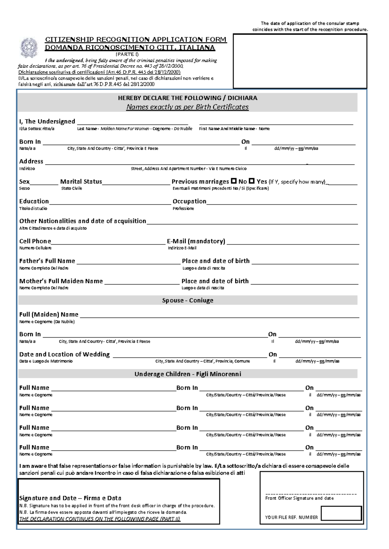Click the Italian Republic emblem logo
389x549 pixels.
29,48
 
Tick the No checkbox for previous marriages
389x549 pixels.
234,181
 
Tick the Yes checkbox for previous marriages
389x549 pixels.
252,181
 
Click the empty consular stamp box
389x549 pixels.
300,61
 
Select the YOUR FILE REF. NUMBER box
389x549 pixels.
341,513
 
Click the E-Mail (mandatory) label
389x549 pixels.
196,241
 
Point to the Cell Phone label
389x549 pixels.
35,241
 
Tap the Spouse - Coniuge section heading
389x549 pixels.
188,300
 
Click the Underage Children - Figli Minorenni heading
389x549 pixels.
188,374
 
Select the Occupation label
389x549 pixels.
189,201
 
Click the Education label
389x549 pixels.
34,201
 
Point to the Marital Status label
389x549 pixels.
81,182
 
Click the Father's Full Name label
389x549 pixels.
47,261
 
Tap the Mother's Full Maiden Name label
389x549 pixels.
61,281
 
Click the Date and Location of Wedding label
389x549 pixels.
65,354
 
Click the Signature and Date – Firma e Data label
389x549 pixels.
70,498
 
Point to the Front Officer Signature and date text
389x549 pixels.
299,498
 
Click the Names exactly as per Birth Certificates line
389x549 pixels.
187,107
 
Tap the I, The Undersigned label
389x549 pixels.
47,121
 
